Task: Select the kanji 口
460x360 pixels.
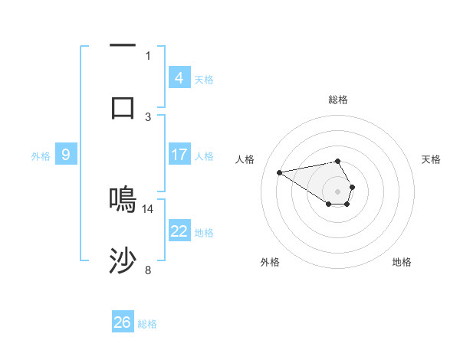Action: [x=123, y=108]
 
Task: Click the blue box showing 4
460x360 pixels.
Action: [x=179, y=77]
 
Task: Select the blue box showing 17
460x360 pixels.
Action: [x=179, y=155]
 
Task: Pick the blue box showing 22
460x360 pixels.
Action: [x=179, y=231]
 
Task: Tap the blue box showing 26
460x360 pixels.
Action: [x=123, y=322]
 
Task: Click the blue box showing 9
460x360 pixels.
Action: [x=66, y=155]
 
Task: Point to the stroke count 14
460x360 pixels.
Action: [x=148, y=208]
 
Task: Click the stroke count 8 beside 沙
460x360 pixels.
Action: [x=148, y=270]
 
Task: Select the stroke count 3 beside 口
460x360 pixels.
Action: [x=148, y=116]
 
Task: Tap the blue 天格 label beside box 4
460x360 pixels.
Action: [x=204, y=79]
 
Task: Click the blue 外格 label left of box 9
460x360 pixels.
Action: [x=41, y=155]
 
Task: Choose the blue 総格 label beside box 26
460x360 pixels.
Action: [x=147, y=324]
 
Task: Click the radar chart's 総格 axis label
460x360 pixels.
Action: [x=337, y=100]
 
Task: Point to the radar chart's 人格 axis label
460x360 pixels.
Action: [x=245, y=159]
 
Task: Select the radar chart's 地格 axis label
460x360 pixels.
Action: [x=402, y=262]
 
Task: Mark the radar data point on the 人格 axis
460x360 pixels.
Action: [x=280, y=172]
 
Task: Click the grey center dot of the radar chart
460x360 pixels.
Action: [x=337, y=191]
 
